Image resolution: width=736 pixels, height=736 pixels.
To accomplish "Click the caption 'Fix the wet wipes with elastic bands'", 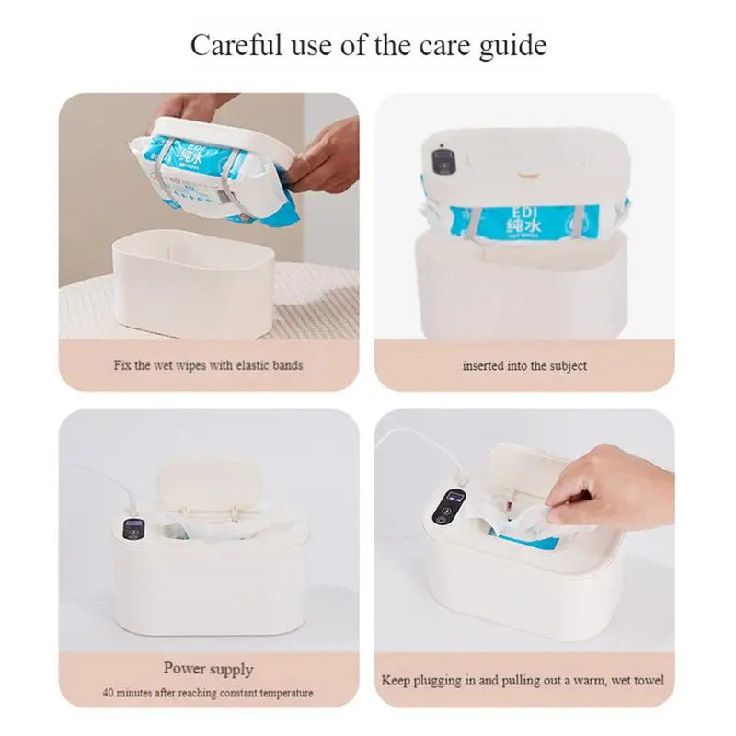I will point(208,365).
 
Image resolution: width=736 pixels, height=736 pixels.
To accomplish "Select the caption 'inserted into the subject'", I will point(524,365).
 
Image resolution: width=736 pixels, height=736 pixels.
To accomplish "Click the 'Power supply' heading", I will point(208,669).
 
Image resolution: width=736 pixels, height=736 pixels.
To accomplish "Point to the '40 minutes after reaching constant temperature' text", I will point(208,693).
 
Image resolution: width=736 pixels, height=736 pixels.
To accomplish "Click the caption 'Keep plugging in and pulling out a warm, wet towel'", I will point(523,682).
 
